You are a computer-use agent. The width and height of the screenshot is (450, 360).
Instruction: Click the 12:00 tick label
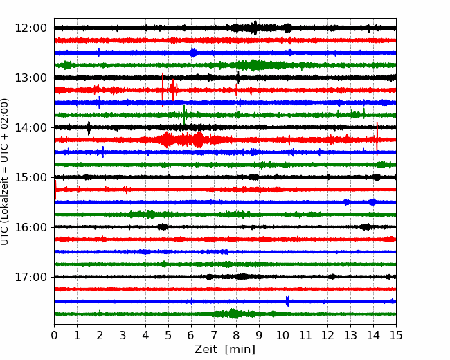pyautogui.click(x=30, y=28)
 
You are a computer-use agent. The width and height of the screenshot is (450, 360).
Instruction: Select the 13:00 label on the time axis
pyautogui.click(x=30, y=78)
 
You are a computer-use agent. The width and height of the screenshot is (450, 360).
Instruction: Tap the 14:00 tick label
pyautogui.click(x=30, y=127)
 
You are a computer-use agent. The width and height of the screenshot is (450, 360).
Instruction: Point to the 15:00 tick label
pyautogui.click(x=30, y=177)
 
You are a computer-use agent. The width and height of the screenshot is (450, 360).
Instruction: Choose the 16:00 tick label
pyautogui.click(x=30, y=227)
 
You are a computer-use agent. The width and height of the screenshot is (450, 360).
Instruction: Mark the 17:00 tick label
pyautogui.click(x=30, y=277)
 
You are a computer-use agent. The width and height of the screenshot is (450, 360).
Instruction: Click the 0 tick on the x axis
pyautogui.click(x=54, y=335)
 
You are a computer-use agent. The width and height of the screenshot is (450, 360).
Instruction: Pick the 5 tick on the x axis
pyautogui.click(x=168, y=335)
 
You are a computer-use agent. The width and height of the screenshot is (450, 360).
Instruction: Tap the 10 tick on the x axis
pyautogui.click(x=282, y=335)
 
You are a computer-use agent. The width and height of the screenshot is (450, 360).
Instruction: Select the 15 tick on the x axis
pyautogui.click(x=396, y=335)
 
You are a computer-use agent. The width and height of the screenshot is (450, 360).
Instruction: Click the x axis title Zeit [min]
pyautogui.click(x=225, y=350)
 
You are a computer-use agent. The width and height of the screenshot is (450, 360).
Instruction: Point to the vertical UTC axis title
pyautogui.click(x=4, y=172)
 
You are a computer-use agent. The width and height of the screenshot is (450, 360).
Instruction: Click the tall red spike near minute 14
pyautogui.click(x=377, y=138)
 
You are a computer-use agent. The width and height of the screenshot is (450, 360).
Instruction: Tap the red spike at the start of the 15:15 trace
pyautogui.click(x=55, y=190)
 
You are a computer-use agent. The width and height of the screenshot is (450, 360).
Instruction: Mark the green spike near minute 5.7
pyautogui.click(x=184, y=115)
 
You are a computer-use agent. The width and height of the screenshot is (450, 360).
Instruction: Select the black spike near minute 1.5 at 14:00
pyautogui.click(x=89, y=128)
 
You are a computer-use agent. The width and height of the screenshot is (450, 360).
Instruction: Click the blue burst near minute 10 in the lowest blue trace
pyautogui.click(x=288, y=301)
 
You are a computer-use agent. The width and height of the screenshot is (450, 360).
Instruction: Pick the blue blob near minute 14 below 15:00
pyautogui.click(x=372, y=202)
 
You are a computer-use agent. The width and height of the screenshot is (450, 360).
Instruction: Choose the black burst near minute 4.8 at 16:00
pyautogui.click(x=163, y=227)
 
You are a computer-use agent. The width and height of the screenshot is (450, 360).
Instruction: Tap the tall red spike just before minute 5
pyautogui.click(x=163, y=89)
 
